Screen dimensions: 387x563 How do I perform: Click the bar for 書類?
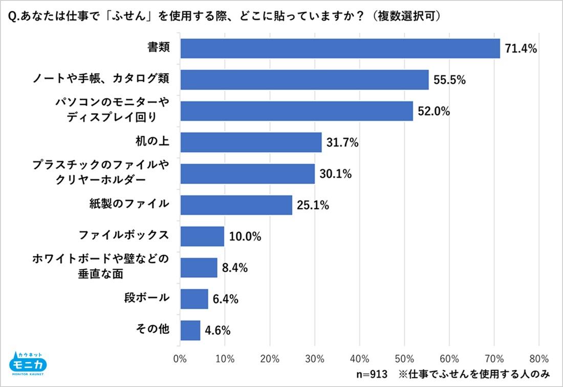[340, 49]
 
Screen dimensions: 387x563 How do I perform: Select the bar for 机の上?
[251, 142]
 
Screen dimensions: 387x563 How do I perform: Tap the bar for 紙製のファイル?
[236, 205]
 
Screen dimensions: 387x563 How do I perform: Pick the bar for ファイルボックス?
[202, 236]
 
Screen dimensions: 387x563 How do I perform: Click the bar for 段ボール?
[194, 299]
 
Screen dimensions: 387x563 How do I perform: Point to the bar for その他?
[190, 330]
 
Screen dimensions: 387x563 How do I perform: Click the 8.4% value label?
[235, 268]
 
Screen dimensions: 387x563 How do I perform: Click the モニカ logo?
[29, 363]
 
